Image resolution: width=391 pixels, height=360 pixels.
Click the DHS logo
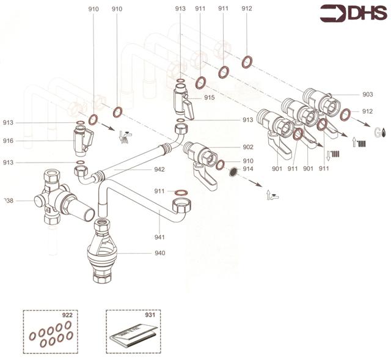tap(352, 13)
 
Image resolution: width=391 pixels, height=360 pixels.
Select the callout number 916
tap(8, 141)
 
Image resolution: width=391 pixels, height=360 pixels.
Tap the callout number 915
tap(209, 98)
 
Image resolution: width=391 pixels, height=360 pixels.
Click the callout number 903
tap(367, 94)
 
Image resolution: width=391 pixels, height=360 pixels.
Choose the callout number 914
tap(247, 168)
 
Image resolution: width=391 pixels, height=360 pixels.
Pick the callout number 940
tap(160, 252)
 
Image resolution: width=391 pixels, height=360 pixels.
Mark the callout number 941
tap(160, 237)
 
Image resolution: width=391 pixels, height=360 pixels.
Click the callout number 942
tap(160, 169)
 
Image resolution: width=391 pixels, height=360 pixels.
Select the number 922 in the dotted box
tap(67, 315)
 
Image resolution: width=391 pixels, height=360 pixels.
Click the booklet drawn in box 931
tap(133, 339)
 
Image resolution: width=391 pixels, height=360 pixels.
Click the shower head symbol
tap(125, 136)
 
